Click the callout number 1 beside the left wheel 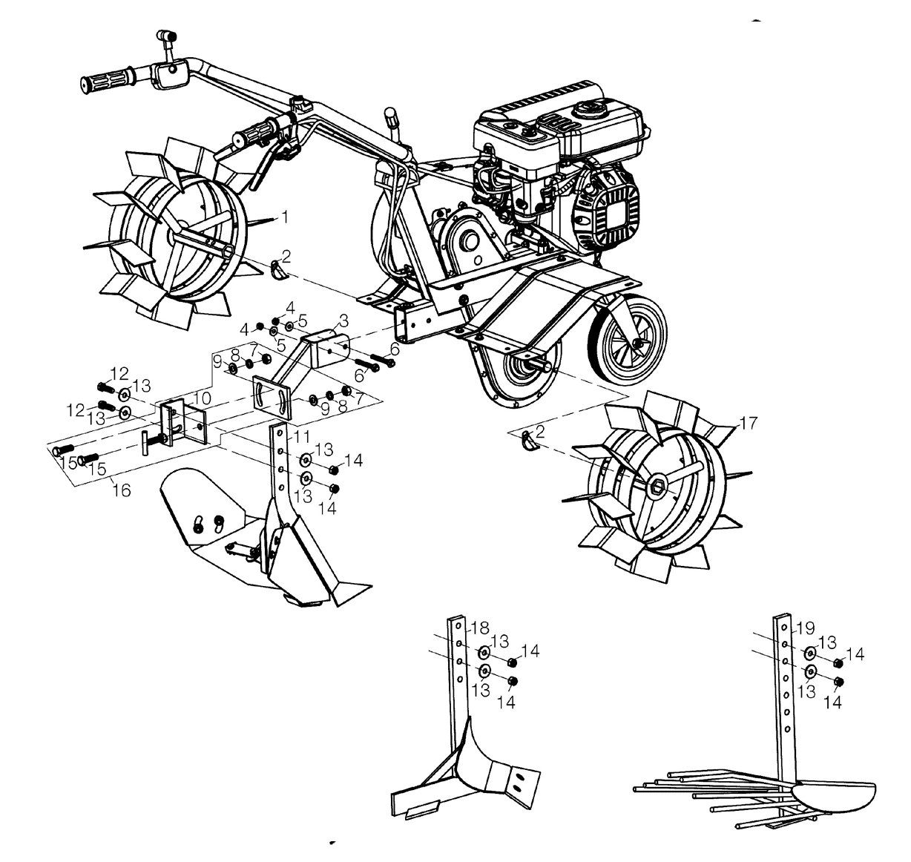285,217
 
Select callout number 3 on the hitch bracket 343,320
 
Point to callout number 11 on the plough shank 302,436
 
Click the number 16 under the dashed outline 122,490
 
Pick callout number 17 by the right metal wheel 748,423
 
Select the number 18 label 480,628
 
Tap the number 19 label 806,628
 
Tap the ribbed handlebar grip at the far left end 108,82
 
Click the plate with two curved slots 272,397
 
